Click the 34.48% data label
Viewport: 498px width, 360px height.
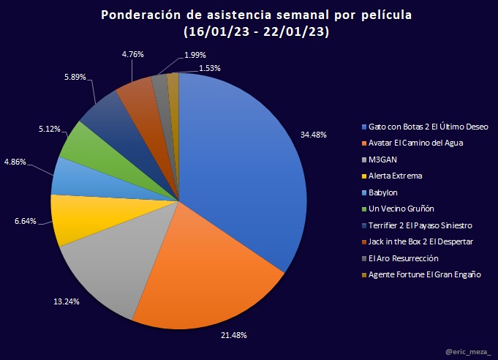313,135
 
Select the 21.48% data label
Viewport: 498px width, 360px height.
233,334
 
